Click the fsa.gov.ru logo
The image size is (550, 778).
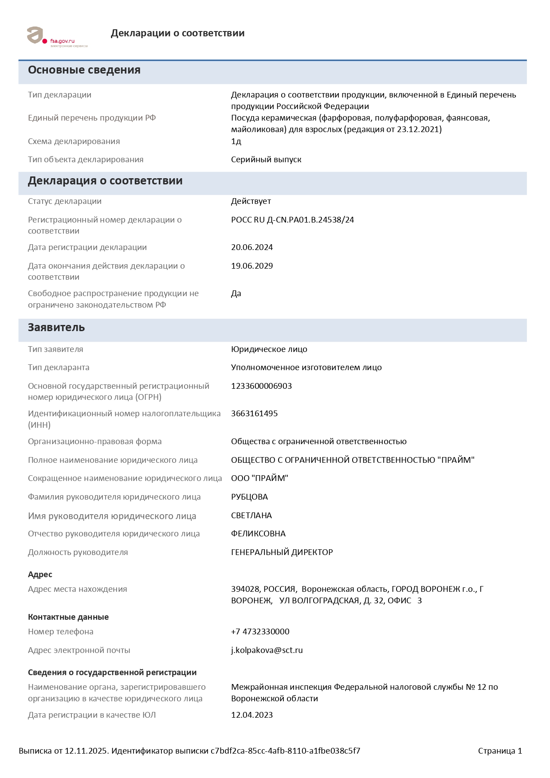click(x=57, y=37)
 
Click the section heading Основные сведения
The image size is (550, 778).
click(x=84, y=70)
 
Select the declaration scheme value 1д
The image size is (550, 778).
click(x=236, y=141)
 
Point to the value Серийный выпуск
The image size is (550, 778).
click(x=266, y=160)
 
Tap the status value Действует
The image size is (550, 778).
click(x=251, y=201)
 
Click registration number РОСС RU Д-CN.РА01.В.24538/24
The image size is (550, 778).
click(x=292, y=220)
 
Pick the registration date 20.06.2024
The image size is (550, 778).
click(x=252, y=247)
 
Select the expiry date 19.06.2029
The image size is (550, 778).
click(x=252, y=266)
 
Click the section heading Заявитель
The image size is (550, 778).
click(x=56, y=328)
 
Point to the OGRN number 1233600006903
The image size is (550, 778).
click(x=261, y=386)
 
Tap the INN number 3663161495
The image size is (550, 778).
click(x=254, y=414)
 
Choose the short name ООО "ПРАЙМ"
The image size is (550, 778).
click(x=259, y=478)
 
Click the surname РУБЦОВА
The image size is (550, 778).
click(x=249, y=497)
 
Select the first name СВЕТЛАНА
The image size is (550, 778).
click(x=251, y=516)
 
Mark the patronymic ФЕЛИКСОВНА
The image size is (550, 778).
click(x=258, y=534)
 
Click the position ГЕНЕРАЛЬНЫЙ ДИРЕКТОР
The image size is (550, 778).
click(x=282, y=552)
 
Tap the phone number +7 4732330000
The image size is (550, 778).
click(x=260, y=632)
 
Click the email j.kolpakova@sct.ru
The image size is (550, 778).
click(x=267, y=650)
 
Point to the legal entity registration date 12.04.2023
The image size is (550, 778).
click(x=252, y=715)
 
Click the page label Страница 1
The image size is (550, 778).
click(x=500, y=751)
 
